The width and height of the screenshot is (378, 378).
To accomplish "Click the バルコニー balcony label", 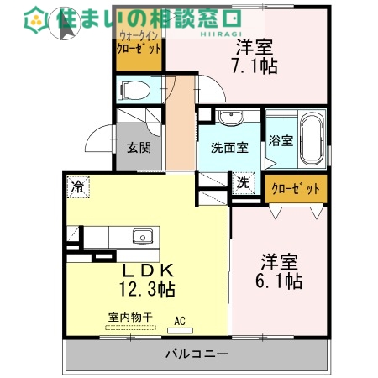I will point(197,354).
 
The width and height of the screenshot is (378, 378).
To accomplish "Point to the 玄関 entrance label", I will point(139,149).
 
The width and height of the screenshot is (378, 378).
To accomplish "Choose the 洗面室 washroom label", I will point(228,149).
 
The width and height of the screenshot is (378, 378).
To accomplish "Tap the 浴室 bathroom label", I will point(281,140).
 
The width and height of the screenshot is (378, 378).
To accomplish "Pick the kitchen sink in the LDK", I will point(142,236).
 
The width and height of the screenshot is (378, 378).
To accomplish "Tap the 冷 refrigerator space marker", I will point(78,186).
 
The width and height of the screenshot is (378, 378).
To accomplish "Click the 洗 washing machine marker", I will point(242,182).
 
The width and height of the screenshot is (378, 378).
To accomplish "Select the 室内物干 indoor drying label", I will point(131,317).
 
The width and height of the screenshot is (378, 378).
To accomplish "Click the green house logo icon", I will point(37,18).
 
